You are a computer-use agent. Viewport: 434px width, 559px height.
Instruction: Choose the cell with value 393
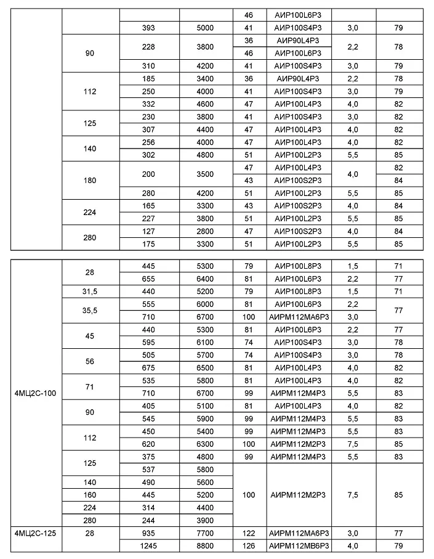click(148, 28)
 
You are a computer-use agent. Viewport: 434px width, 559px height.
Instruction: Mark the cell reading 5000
click(205, 28)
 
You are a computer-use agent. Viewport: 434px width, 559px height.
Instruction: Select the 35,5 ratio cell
click(90, 310)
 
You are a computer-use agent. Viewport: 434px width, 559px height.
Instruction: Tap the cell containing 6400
click(205, 278)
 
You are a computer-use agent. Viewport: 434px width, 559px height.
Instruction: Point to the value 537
click(148, 469)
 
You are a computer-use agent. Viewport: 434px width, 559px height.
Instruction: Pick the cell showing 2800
click(205, 232)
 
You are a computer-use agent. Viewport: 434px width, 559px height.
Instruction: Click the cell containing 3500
click(205, 174)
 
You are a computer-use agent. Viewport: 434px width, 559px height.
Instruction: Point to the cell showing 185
click(148, 78)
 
